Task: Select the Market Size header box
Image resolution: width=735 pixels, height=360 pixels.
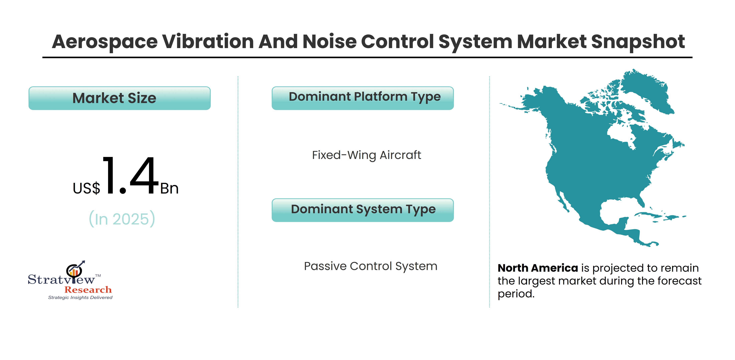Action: pos(120,98)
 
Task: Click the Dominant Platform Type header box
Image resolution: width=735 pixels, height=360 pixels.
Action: pos(363,98)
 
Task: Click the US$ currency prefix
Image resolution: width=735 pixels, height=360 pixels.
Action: pos(87,188)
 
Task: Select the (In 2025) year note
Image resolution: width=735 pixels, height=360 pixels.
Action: pos(122,219)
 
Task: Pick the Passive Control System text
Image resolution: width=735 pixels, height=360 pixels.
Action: pos(371,266)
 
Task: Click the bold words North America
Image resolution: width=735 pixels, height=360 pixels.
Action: pos(538,268)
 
